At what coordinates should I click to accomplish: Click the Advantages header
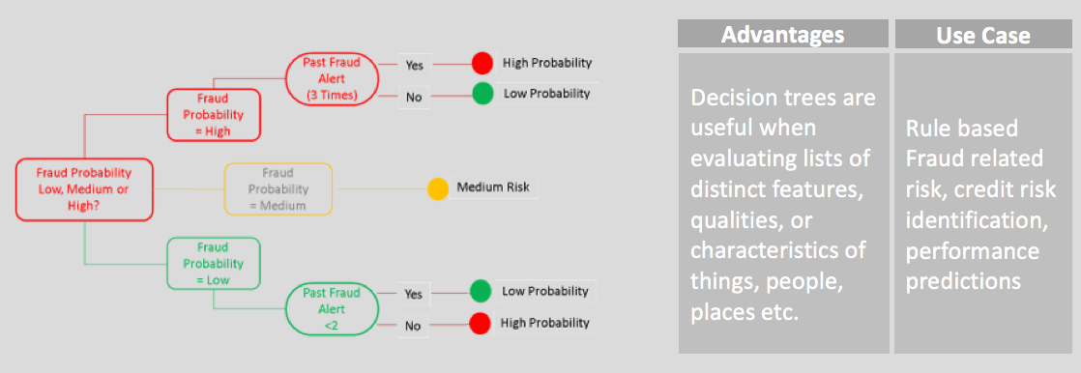(782, 34)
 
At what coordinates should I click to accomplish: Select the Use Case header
(983, 34)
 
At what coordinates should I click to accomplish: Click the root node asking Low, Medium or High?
(83, 189)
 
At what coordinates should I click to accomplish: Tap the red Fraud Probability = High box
(213, 114)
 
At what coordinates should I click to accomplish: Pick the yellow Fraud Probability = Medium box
(278, 188)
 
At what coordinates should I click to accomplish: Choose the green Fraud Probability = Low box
(213, 264)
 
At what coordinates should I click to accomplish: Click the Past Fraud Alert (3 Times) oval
(332, 79)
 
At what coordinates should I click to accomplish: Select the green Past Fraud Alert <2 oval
(332, 310)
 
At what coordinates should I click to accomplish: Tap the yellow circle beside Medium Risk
(437, 188)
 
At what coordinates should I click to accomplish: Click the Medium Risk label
(493, 186)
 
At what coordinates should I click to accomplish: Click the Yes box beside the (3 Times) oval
(414, 66)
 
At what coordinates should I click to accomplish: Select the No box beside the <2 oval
(413, 326)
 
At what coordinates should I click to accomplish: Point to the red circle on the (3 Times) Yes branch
(482, 64)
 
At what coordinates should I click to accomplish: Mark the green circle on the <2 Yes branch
(480, 292)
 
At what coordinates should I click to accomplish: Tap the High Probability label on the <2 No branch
(545, 322)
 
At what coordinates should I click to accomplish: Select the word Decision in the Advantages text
(736, 98)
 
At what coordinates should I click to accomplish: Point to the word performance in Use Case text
(972, 251)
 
